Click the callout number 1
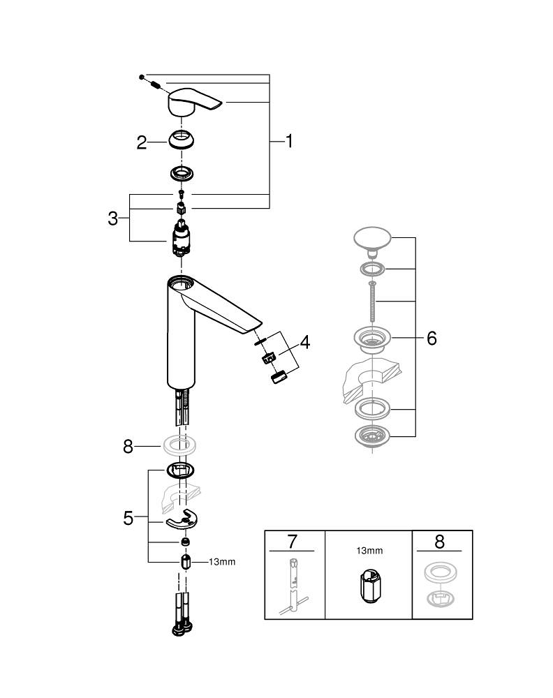pos(288,141)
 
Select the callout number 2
pos(142,142)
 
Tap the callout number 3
pos(113,218)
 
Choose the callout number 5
pos(128,518)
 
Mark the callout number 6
pos(431,338)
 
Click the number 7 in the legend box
pos(293,542)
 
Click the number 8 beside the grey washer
pos(128,446)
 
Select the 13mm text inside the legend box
pos(369,551)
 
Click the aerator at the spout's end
pos(278,378)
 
